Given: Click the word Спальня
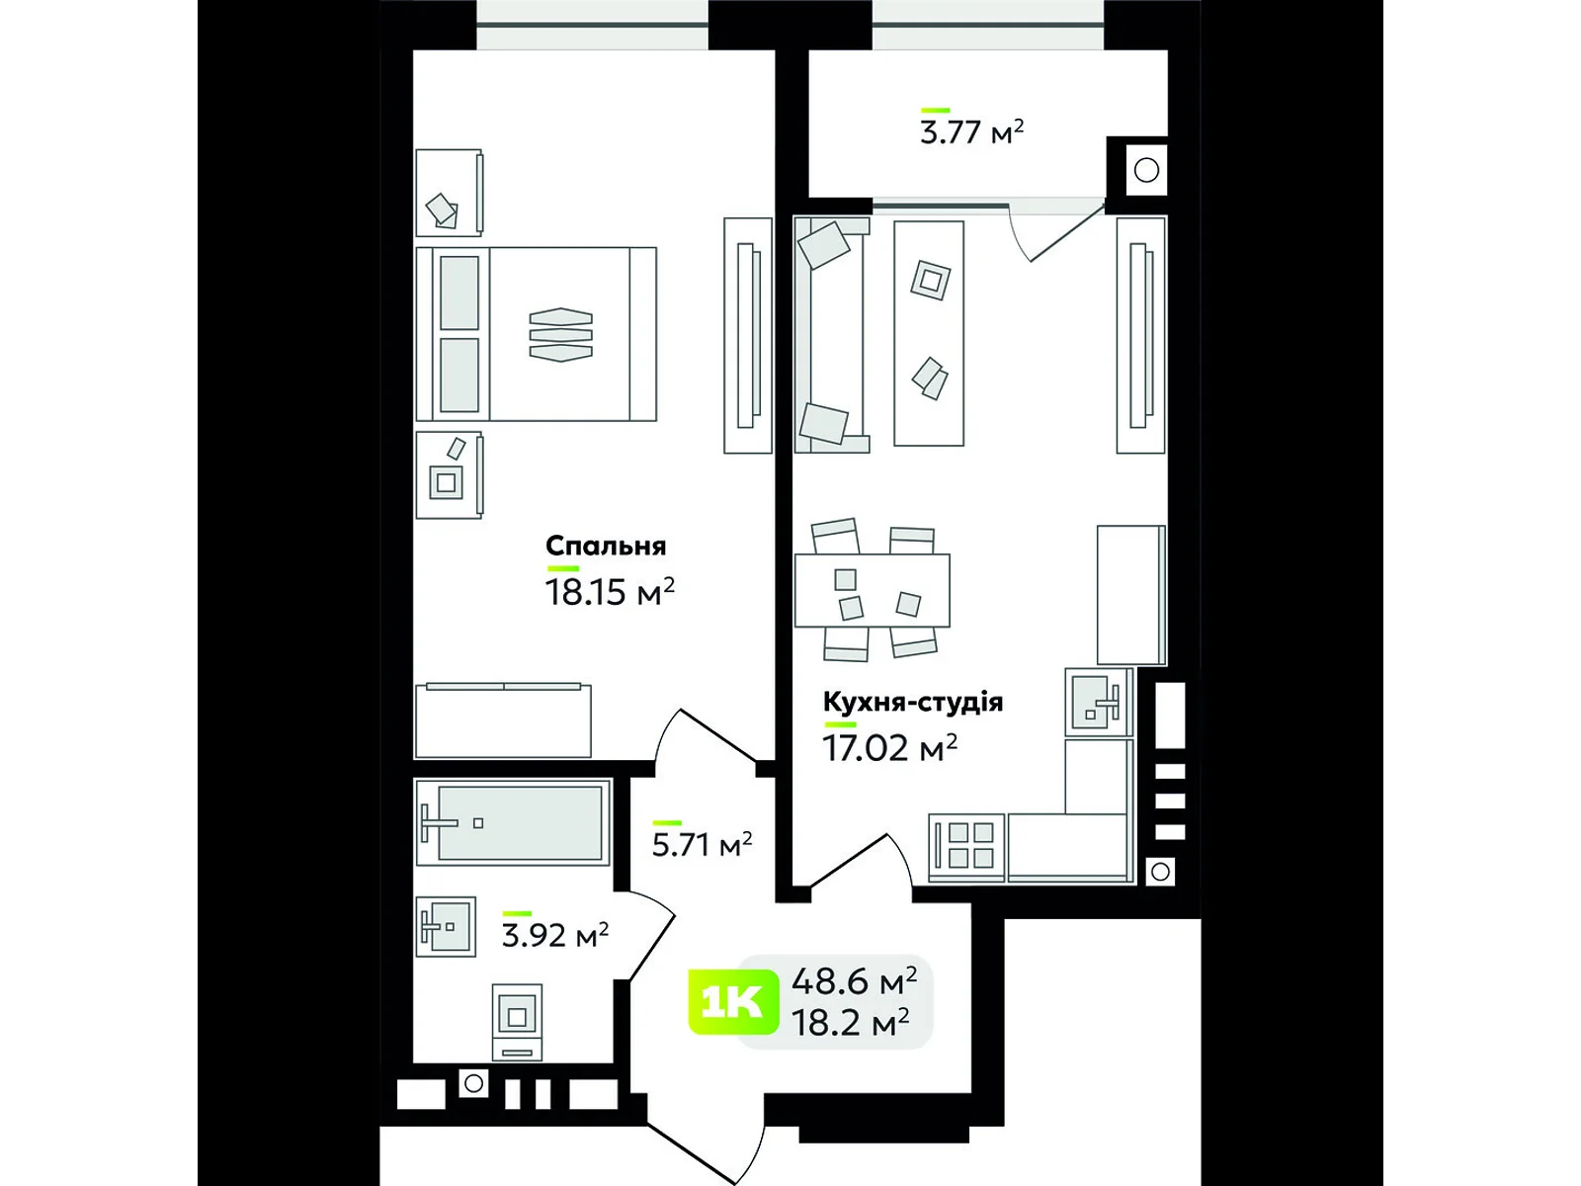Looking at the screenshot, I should click(x=606, y=546).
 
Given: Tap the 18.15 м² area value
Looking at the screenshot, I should click(x=609, y=592).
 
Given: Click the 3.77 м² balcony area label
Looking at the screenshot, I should click(x=971, y=131).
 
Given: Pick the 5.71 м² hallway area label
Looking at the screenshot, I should click(x=702, y=845).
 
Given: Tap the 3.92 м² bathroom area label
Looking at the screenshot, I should click(x=554, y=934).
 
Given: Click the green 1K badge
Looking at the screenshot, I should click(x=731, y=1002).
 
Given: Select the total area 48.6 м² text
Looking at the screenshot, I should click(x=854, y=980).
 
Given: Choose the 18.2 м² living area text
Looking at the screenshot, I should click(x=850, y=1022).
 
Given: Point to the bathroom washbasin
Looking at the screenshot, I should click(x=445, y=926).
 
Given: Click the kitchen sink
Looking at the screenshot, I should click(x=1097, y=701).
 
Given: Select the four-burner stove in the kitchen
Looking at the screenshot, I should click(x=969, y=846).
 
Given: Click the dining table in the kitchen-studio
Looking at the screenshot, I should click(x=872, y=591).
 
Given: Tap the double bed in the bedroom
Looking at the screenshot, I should click(x=537, y=334).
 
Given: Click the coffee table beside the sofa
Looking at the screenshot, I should click(x=929, y=334).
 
